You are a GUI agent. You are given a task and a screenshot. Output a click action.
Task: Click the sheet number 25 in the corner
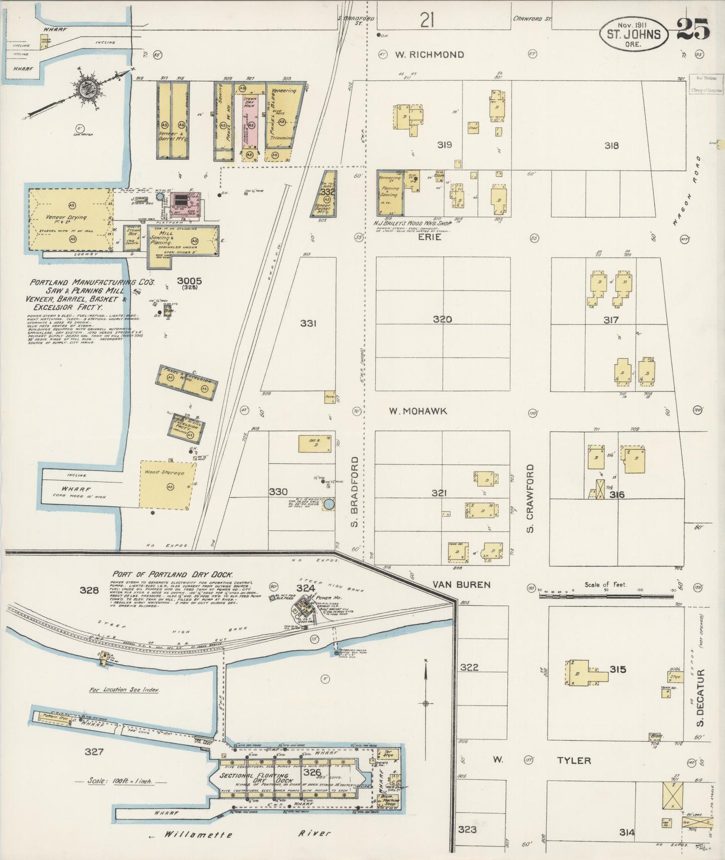click(693, 29)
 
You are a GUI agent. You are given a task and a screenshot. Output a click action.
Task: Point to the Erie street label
click(430, 237)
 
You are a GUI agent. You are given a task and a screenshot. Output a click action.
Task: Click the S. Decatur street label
click(701, 698)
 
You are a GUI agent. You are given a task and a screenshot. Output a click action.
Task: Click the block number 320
click(442, 319)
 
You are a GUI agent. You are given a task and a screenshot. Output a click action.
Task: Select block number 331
click(308, 324)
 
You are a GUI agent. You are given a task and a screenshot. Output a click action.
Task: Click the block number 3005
click(189, 281)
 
